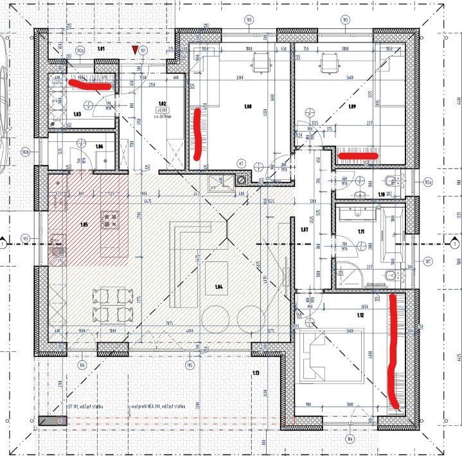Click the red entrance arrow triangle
(134, 49)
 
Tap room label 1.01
(100, 49)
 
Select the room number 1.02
(163, 103)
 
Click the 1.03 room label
(76, 115)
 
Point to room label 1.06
(100, 147)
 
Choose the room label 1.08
(247, 106)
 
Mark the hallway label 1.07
(305, 229)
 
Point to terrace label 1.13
(256, 373)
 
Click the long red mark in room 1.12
(393, 350)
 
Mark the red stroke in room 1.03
(90, 83)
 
